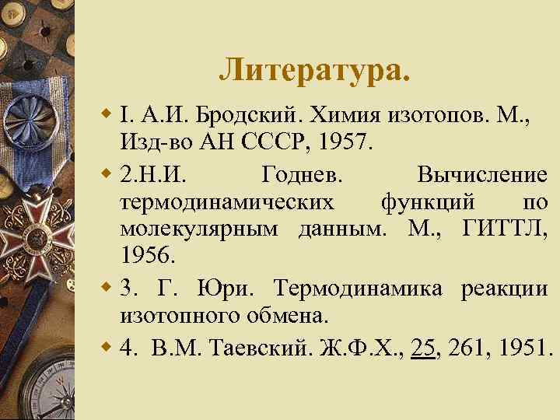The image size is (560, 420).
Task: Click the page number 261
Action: coord(467,345)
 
